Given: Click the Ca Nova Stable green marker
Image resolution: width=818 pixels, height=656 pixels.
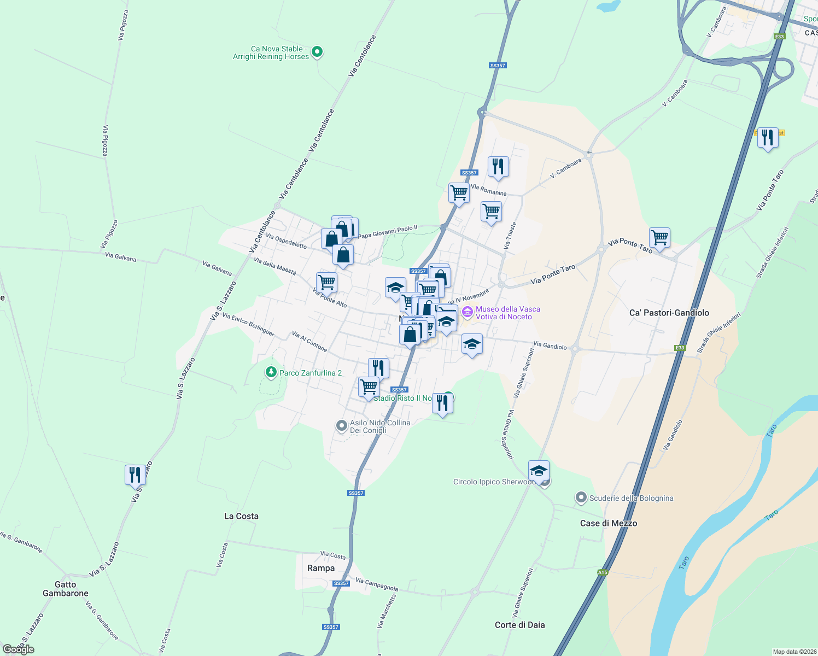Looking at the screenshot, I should tap(317, 52).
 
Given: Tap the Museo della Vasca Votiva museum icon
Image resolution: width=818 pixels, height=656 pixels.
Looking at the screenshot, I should tap(467, 313).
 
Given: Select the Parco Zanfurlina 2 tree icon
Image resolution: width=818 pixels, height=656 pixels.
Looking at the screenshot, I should tap(271, 372).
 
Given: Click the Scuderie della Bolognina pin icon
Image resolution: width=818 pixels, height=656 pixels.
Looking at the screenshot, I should tap(581, 498).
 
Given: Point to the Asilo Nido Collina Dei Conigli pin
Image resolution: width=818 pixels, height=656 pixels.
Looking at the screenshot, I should tap(342, 426).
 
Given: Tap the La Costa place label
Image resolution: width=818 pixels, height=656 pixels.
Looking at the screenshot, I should tap(241, 516).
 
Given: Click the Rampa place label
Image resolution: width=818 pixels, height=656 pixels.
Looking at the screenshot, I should tap(321, 568).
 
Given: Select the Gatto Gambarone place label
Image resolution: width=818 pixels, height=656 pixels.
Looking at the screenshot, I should tap(66, 589).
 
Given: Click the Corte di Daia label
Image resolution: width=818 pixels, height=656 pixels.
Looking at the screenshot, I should tap(519, 625).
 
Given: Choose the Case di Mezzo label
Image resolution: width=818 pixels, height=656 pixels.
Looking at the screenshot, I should tap(609, 523).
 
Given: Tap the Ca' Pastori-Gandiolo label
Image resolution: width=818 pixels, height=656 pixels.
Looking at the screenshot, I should tap(669, 313).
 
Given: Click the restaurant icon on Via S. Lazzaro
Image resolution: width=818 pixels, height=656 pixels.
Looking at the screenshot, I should tap(135, 475).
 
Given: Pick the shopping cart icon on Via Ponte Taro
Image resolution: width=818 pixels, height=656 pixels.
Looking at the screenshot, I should tap(660, 238).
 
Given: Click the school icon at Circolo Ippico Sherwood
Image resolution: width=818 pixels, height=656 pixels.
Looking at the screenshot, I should tap(539, 471).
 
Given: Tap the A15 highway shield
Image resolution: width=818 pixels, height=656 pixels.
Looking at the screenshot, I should tap(603, 572).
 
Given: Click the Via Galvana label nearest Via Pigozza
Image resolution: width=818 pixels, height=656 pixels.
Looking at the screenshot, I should tap(120, 256).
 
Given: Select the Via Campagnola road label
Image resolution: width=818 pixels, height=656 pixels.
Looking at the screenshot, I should tap(377, 584).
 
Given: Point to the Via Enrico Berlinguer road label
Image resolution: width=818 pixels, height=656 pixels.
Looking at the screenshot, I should tap(248, 325).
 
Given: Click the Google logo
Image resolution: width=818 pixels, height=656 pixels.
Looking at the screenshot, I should tap(19, 649).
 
